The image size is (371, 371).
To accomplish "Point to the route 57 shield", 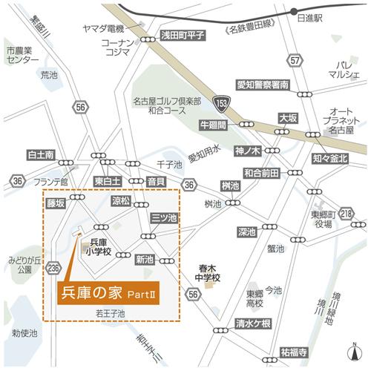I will coord(297,59).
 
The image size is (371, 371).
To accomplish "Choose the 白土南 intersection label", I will coord(41,155).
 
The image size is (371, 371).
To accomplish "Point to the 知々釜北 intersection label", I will coord(330,158).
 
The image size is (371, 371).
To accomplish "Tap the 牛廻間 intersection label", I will coord(212,126).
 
